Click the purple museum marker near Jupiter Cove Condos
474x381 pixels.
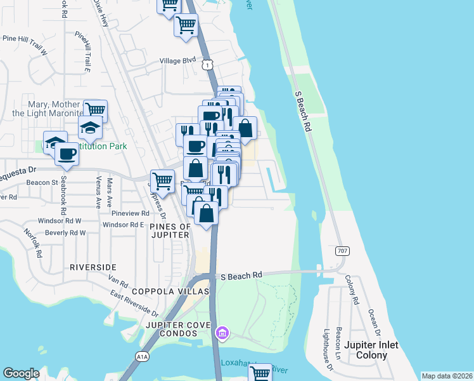[222, 333]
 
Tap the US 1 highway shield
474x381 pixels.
[207, 65]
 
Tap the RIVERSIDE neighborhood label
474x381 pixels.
[93, 267]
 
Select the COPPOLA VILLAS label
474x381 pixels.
[170, 291]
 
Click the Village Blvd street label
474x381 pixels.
[178, 60]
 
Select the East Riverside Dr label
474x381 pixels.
[134, 303]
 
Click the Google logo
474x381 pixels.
[22, 373]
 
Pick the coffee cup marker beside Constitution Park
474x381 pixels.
[67, 152]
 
